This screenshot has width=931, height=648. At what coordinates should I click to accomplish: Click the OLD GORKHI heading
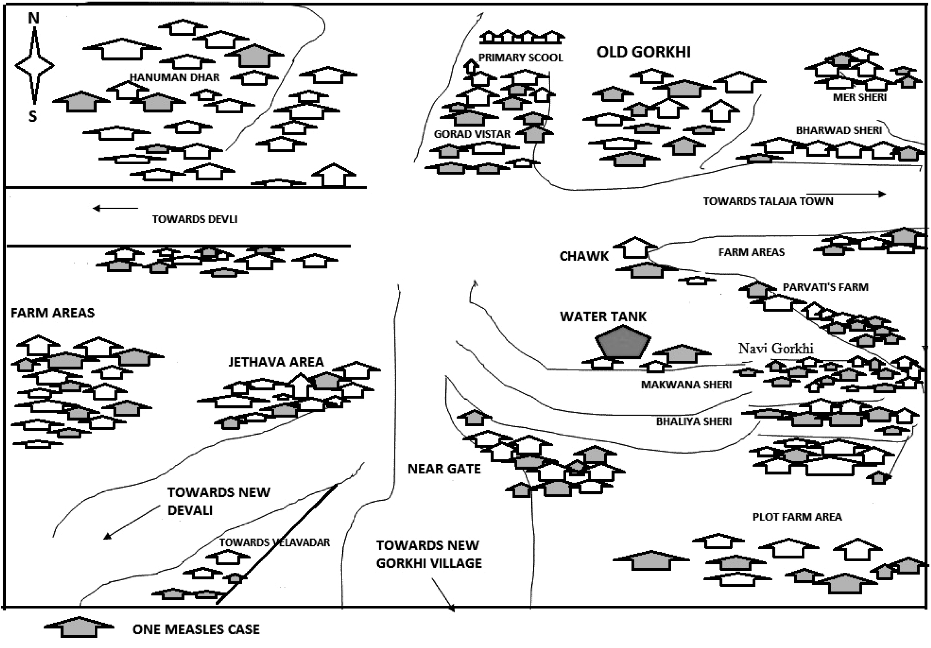[x=643, y=52]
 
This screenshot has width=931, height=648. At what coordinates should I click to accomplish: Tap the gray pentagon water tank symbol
[x=623, y=341]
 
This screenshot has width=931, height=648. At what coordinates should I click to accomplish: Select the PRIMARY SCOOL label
[x=521, y=57]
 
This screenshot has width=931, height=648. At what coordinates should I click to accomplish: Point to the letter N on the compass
[x=33, y=18]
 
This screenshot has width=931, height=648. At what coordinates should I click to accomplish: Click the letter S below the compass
[x=32, y=116]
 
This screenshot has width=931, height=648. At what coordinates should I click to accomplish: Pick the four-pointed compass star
[x=35, y=66]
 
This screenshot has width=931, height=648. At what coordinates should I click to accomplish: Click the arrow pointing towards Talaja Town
[x=845, y=194]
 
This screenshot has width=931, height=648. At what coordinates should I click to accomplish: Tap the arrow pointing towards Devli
[x=115, y=208]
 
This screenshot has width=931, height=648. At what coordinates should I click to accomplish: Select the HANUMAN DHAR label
[x=174, y=78]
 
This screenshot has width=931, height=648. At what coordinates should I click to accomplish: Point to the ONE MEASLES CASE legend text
[x=196, y=629]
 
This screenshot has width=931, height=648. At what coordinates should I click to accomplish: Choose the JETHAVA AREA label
[x=276, y=362]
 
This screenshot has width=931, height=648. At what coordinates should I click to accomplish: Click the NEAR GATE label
[x=444, y=469]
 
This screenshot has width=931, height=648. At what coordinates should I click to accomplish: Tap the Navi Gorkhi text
[x=776, y=348]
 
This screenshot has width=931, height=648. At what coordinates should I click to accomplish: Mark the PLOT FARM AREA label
[x=797, y=517]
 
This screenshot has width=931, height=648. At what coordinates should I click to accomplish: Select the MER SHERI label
[x=860, y=97]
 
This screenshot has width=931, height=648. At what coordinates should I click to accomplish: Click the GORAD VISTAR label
[x=472, y=134]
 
